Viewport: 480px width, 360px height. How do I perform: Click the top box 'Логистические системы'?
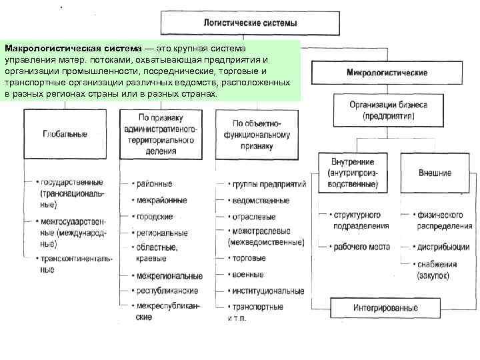250,23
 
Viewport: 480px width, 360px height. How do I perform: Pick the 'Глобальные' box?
65,134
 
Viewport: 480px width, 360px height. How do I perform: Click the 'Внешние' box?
435,173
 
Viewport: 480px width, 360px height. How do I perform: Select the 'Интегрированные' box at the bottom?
386,309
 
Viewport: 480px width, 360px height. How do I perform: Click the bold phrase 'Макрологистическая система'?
73,49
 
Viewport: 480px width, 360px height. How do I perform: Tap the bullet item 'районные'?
155,183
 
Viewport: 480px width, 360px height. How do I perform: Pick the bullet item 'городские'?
155,217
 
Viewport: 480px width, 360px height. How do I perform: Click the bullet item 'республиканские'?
167,291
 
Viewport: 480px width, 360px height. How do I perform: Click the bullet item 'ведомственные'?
261,200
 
